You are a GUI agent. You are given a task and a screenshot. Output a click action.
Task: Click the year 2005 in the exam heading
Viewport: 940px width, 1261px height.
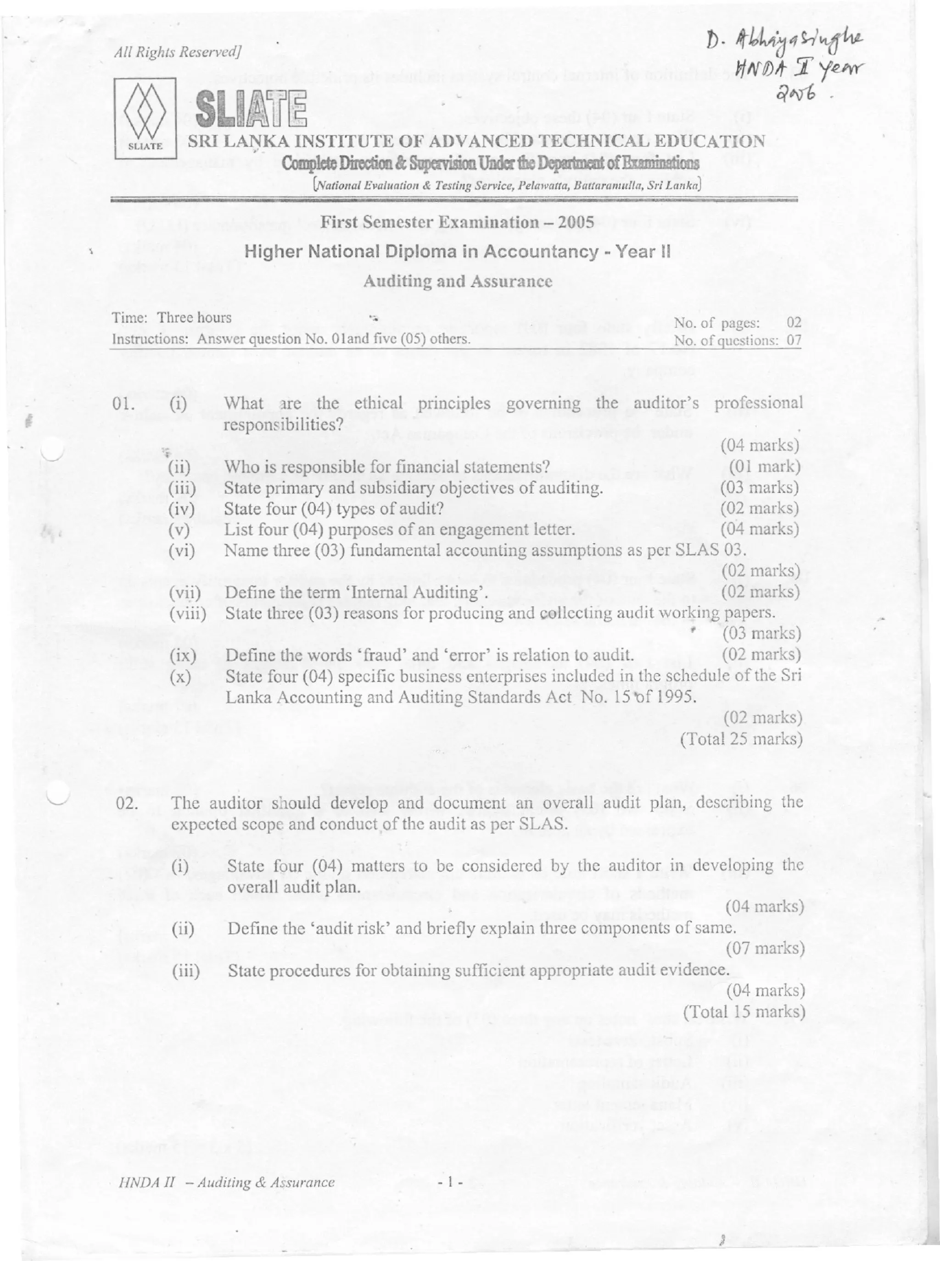577,222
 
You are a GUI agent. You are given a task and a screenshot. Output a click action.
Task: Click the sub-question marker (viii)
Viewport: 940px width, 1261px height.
187,614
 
